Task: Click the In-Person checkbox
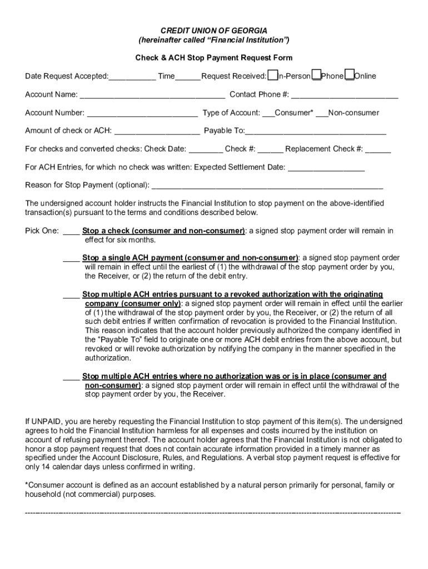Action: (x=272, y=75)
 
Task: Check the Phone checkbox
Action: (x=316, y=75)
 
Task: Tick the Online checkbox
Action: (x=349, y=75)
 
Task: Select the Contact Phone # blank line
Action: (x=345, y=95)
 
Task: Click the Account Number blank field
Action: (x=142, y=113)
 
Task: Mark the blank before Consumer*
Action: (x=268, y=113)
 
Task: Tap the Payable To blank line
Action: (x=315, y=132)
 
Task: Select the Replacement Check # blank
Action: (x=378, y=149)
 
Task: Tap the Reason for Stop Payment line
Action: (x=267, y=186)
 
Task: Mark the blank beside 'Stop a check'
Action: (x=71, y=231)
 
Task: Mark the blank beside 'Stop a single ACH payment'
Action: (x=71, y=258)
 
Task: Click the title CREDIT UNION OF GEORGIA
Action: (x=214, y=31)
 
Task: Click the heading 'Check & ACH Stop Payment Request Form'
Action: (x=214, y=58)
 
